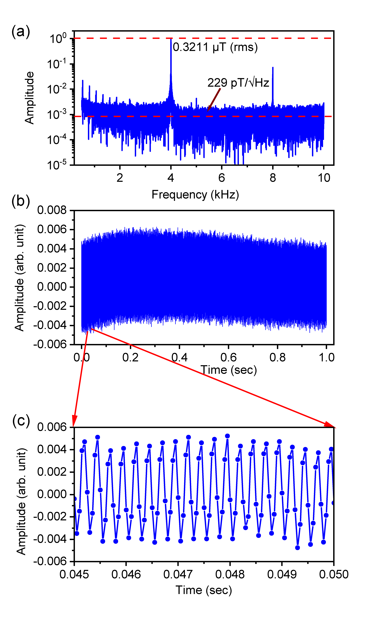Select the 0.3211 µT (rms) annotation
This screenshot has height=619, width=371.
[215, 47]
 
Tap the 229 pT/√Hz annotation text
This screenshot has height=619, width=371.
[238, 83]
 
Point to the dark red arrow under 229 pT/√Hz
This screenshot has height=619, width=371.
[214, 100]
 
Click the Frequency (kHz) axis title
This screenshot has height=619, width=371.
[195, 194]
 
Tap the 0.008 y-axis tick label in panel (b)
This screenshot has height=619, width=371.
[52, 210]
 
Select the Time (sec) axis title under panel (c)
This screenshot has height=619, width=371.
[204, 590]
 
